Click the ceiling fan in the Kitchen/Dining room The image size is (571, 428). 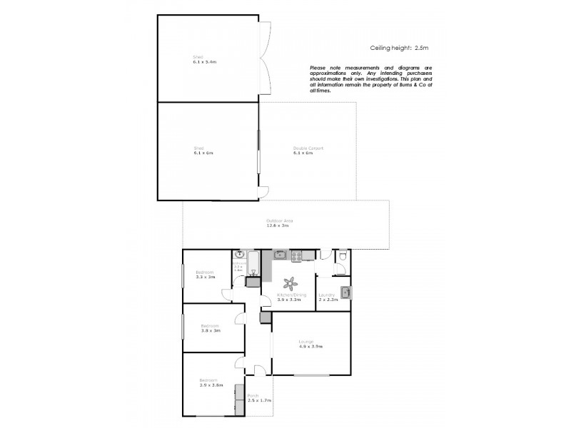point(290,282)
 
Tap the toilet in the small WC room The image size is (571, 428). point(343,256)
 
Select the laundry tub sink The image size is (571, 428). point(345,291)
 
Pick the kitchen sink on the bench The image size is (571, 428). point(281,255)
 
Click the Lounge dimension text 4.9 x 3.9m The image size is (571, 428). point(310,347)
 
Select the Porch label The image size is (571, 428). point(253,396)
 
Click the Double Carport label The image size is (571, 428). point(308,148)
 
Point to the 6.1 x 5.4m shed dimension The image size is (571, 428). point(204,62)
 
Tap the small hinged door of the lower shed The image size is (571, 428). point(263,193)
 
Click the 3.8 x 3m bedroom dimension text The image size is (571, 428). point(211,330)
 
